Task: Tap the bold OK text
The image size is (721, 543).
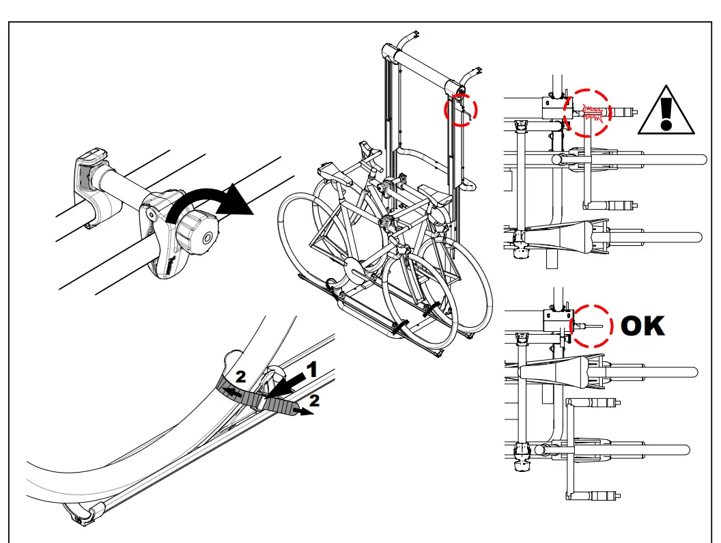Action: pyautogui.click(x=642, y=326)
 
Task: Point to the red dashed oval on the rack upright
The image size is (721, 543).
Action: pyautogui.click(x=462, y=109)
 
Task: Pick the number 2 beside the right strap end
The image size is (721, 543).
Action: pyautogui.click(x=313, y=402)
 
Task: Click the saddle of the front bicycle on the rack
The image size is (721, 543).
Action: pyautogui.click(x=329, y=170)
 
